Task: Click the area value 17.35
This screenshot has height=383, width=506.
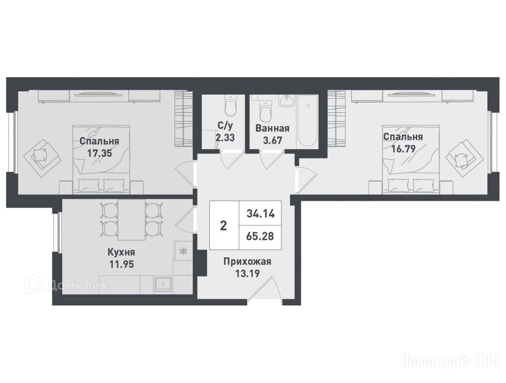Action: tap(100, 153)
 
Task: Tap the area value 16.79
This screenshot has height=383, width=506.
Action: tap(403, 149)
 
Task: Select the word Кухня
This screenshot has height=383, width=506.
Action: tap(121, 252)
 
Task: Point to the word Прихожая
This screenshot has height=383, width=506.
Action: tap(247, 261)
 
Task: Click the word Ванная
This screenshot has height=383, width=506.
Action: tap(272, 128)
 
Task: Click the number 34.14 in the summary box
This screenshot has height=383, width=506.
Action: tap(260, 213)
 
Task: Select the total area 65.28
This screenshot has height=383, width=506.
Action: tap(260, 236)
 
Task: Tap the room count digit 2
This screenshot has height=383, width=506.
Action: tap(223, 225)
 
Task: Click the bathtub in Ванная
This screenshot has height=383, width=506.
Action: tap(308, 121)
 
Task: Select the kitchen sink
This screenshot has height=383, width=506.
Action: tap(163, 284)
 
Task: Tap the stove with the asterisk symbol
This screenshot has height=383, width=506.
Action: tap(183, 251)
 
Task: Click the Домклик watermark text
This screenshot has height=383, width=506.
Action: tap(77, 285)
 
